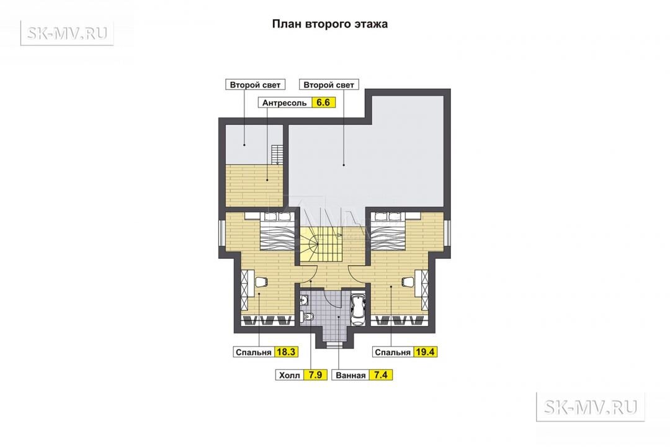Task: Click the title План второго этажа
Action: pyautogui.click(x=330, y=24)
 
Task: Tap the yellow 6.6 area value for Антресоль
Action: pyautogui.click(x=323, y=102)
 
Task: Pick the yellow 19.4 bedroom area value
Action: pyautogui.click(x=425, y=352)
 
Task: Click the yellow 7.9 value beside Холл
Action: pyautogui.click(x=315, y=375)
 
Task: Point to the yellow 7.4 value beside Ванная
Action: pyautogui.click(x=381, y=375)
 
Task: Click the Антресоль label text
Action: pyautogui.click(x=285, y=103)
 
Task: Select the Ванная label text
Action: pyautogui.click(x=351, y=376)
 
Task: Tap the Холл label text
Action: pyautogui.click(x=289, y=376)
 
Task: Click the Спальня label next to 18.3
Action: pyautogui.click(x=253, y=353)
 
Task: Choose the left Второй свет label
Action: pyautogui.click(x=255, y=84)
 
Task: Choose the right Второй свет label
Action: pyautogui.click(x=329, y=84)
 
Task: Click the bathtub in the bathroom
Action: pyautogui.click(x=357, y=309)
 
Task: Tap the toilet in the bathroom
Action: pyautogui.click(x=308, y=317)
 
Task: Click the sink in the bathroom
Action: pyautogui.click(x=304, y=300)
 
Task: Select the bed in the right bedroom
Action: pyautogui.click(x=386, y=230)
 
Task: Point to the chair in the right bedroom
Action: pyautogui.click(x=408, y=281)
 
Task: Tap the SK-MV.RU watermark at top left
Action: pyautogui.click(x=67, y=32)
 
